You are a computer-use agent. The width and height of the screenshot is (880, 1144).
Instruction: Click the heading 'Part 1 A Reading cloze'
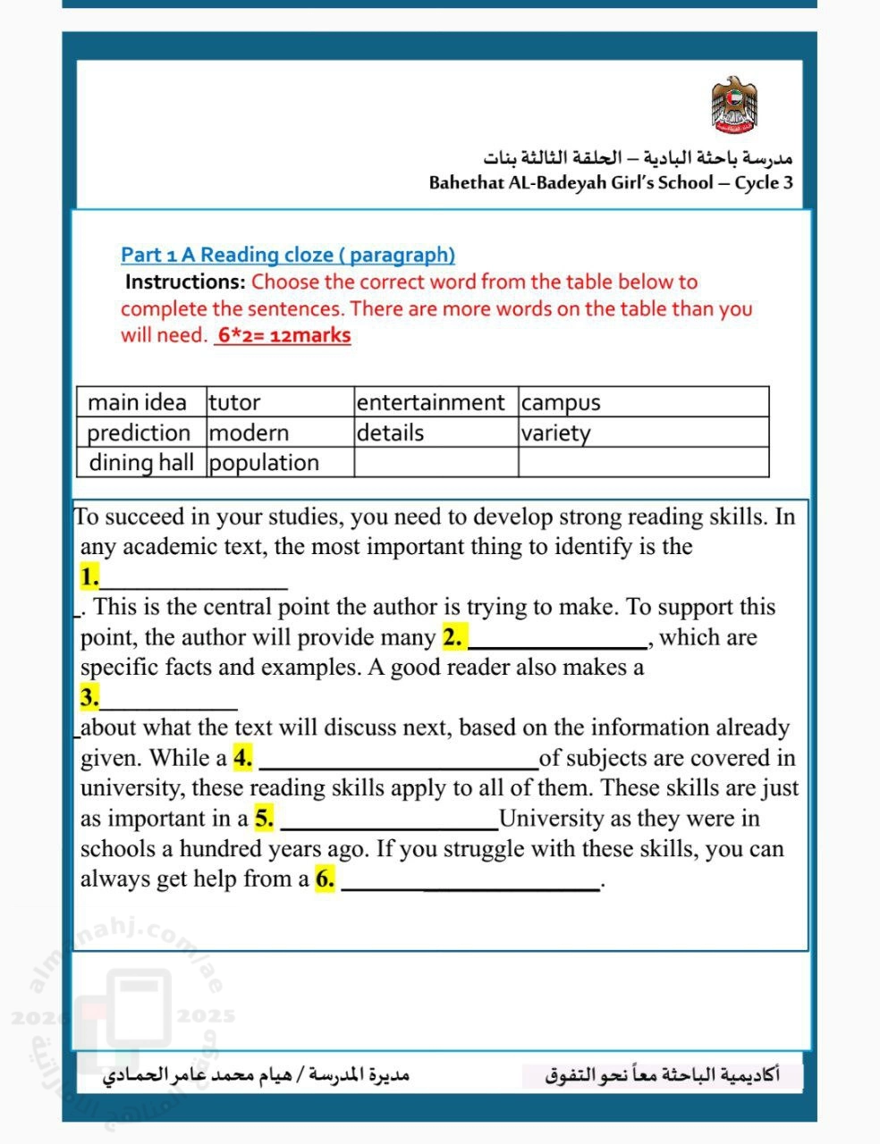pos(288,255)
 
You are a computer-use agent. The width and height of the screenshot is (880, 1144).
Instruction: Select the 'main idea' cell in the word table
pos(138,402)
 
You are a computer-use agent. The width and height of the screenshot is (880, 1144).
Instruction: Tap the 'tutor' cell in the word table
pos(234,402)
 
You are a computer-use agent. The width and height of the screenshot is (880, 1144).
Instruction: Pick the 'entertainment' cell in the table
pos(430,402)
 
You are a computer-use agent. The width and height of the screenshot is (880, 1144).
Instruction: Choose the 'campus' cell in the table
pos(561,402)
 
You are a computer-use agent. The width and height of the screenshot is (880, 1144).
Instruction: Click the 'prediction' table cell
pos(139,433)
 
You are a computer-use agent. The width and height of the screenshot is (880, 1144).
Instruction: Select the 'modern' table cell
pos(249,433)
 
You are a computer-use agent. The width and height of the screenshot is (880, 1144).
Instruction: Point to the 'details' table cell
pos(390,433)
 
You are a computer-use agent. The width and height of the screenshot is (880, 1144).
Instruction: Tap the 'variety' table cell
pos(555,433)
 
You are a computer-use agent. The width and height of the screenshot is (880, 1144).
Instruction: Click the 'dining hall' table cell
pos(141,462)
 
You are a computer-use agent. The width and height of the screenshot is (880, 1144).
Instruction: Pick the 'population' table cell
pos(264,462)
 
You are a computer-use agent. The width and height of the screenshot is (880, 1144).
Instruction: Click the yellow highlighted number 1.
pos(89,576)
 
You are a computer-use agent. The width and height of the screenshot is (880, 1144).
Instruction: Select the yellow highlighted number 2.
pos(453,637)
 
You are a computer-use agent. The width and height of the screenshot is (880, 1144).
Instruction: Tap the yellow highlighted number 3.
pos(89,697)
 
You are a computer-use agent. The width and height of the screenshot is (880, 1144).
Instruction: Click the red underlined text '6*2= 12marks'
pos(283,335)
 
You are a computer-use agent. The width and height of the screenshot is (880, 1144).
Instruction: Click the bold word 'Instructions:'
pos(185,282)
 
